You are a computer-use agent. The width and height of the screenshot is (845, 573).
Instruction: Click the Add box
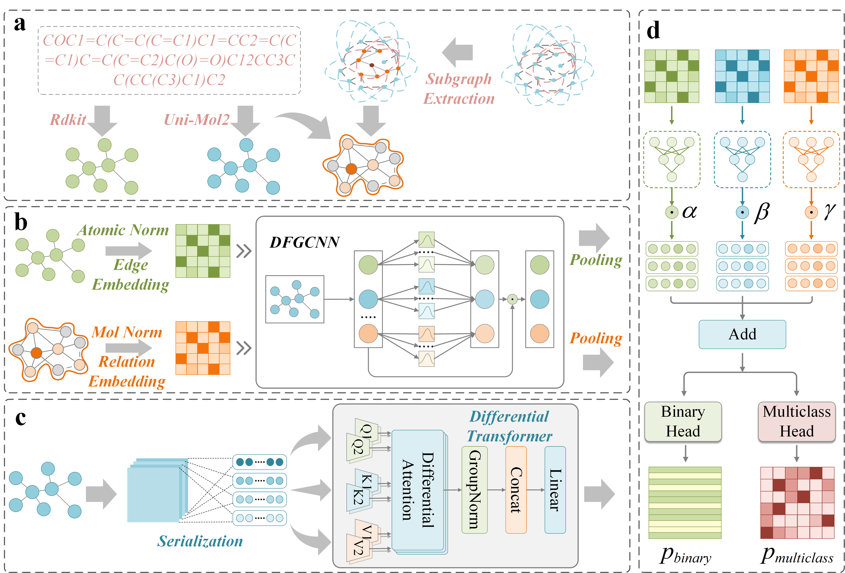click(x=742, y=334)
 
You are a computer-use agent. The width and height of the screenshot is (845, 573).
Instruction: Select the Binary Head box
click(x=683, y=421)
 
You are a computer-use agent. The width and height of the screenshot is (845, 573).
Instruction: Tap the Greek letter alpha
click(x=689, y=211)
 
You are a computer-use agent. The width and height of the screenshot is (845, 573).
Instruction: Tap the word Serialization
click(x=200, y=541)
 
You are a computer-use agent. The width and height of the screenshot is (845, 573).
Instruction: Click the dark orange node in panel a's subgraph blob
click(x=351, y=169)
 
